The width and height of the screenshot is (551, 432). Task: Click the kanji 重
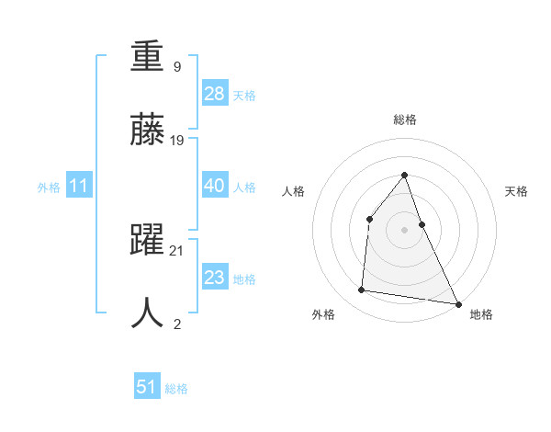147,60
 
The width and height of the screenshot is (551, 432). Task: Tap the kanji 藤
147,131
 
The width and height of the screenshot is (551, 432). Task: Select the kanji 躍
147,241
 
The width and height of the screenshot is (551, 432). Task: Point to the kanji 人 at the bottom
147,313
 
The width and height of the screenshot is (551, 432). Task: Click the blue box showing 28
215,93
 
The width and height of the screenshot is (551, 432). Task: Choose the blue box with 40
215,186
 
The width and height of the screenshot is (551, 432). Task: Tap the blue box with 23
215,277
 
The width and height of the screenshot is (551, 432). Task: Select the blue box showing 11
79,186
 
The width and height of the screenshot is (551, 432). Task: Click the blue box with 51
147,387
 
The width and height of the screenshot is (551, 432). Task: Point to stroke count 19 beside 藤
178,141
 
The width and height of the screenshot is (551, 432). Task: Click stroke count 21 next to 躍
178,251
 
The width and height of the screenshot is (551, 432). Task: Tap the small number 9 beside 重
176,66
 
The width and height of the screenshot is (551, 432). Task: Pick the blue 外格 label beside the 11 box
49,188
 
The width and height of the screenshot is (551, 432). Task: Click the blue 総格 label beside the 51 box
176,389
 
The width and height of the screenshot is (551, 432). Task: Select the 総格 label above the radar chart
404,119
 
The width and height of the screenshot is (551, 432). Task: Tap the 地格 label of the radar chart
481,315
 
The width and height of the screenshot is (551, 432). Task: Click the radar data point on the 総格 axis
404,176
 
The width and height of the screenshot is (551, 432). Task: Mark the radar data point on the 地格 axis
457,303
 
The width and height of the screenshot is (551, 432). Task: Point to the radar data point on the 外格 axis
362,290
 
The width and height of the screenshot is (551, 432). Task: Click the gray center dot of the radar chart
404,229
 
